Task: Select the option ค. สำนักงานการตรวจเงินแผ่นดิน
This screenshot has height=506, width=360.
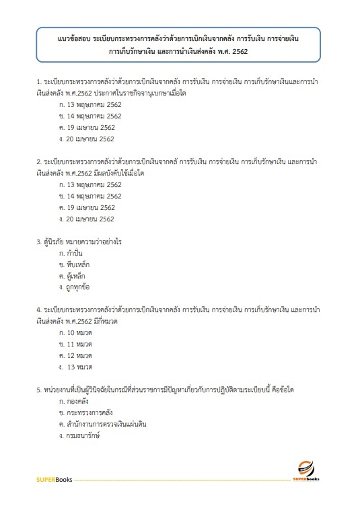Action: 102,425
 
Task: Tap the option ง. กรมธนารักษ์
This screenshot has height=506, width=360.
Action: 81,436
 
